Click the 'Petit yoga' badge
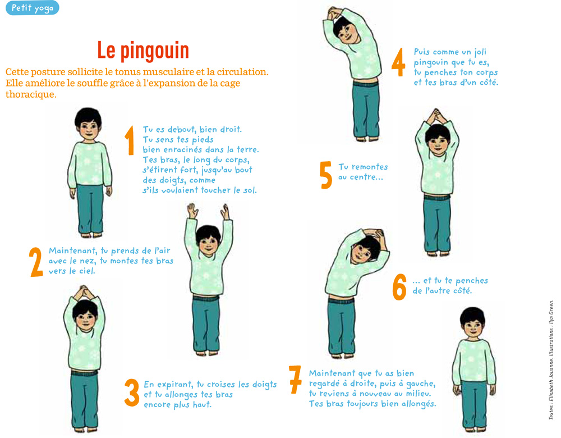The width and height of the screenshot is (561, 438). click(32, 8)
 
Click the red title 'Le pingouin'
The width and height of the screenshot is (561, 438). click(143, 51)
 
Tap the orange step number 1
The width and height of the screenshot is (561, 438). click(130, 140)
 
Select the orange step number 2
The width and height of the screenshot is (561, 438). click(36, 262)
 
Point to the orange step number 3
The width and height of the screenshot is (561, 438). click(132, 393)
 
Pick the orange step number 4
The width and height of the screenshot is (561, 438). click(398, 62)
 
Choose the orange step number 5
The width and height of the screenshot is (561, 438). click(325, 175)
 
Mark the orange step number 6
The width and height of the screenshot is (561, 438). click(399, 287)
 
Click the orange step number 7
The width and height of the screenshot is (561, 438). click(295, 379)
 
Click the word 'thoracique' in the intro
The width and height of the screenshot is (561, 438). click(31, 94)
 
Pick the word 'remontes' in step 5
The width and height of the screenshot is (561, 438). click(370, 167)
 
